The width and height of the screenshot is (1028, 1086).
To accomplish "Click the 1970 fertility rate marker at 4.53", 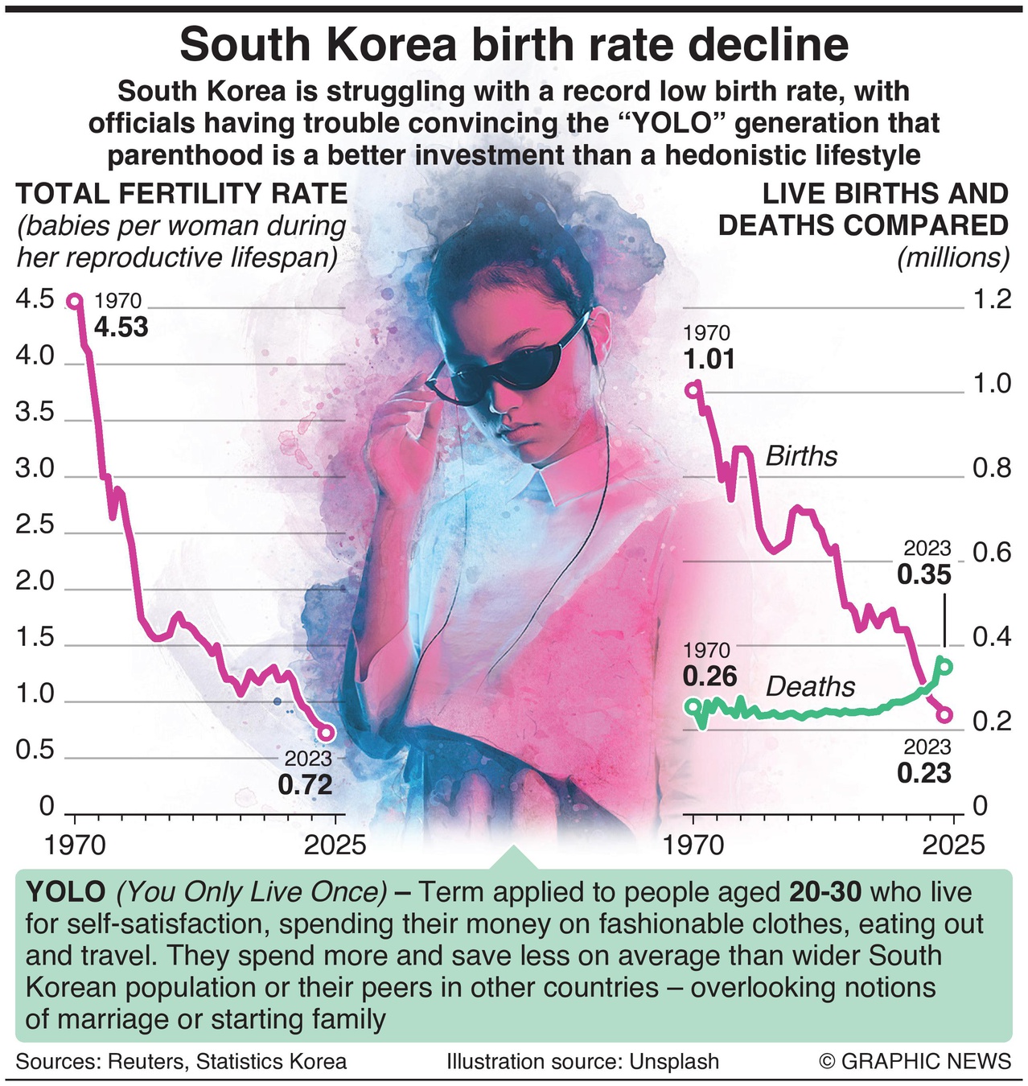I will coord(74,302).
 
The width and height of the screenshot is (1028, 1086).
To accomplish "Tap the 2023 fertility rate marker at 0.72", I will coord(325,733).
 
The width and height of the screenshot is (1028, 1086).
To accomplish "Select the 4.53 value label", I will coord(121,327).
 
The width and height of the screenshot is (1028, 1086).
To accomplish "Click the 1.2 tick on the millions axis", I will coord(992,299).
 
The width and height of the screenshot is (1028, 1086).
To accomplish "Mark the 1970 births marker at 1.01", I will coord(693,390).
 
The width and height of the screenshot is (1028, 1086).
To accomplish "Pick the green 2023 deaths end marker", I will coord(945,666).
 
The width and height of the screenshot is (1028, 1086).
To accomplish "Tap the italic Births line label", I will coord(801,456).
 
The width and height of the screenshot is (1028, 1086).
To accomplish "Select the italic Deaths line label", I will coord(810,687).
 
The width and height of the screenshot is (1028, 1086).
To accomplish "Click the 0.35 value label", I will coord(924,575).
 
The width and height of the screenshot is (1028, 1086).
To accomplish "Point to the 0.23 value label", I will coord(924,773).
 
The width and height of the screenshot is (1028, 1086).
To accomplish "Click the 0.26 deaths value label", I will coord(710,676).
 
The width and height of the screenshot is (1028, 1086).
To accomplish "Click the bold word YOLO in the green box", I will coord(65,892).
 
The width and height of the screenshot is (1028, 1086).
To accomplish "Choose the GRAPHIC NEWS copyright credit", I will coord(915,1062).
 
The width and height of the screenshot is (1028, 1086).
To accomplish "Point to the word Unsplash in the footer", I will coord(674,1062).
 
